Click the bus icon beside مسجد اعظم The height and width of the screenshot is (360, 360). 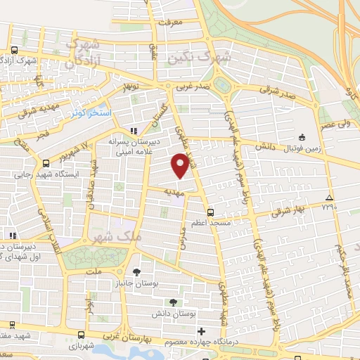tap(209, 211)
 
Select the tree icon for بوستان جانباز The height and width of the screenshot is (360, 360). tap(136, 271)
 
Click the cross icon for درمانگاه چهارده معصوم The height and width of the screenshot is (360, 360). tap(202, 331)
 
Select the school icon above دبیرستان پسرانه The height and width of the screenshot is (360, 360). tap(134, 131)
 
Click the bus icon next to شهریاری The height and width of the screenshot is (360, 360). tap(82, 335)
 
